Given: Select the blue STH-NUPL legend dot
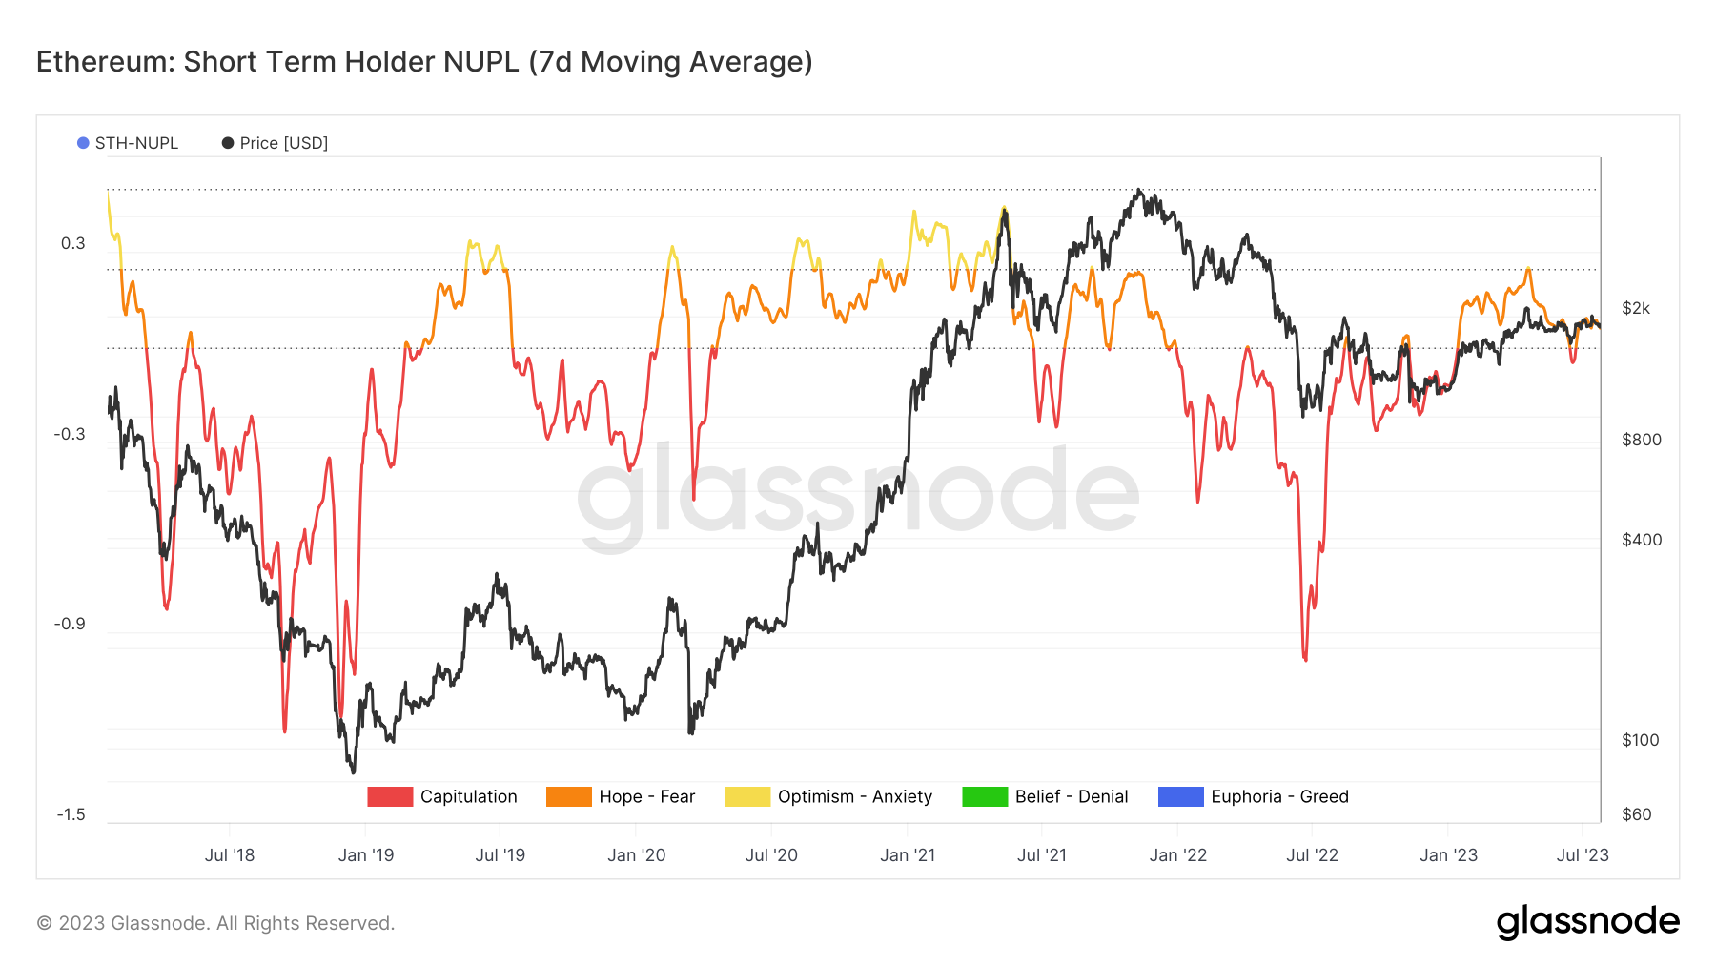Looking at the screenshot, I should (x=83, y=143).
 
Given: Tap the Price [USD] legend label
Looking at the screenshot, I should (x=283, y=143).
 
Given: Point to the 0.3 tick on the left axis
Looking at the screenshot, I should (x=72, y=243).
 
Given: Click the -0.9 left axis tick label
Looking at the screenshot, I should (x=69, y=624).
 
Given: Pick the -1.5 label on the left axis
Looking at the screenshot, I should (x=70, y=814).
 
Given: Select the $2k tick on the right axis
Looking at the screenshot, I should (x=1635, y=308).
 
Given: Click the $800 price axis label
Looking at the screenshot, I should (x=1641, y=440).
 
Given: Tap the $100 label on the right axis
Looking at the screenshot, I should (x=1640, y=740).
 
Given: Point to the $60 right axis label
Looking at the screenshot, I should (x=1637, y=814).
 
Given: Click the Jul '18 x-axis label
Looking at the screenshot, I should (x=230, y=855).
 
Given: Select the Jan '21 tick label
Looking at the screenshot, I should (x=908, y=855).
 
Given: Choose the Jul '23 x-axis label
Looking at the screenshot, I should (x=1583, y=855).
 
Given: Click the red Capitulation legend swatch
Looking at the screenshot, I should (x=390, y=797).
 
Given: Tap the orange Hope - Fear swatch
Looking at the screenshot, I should (x=568, y=797).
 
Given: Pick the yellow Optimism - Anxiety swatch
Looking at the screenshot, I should (x=747, y=797).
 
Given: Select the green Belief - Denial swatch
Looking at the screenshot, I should (x=985, y=797).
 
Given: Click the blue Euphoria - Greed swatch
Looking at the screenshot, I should (x=1180, y=797).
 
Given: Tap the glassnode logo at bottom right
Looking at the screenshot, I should (x=1587, y=922).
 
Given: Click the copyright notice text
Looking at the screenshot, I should (x=215, y=923).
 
